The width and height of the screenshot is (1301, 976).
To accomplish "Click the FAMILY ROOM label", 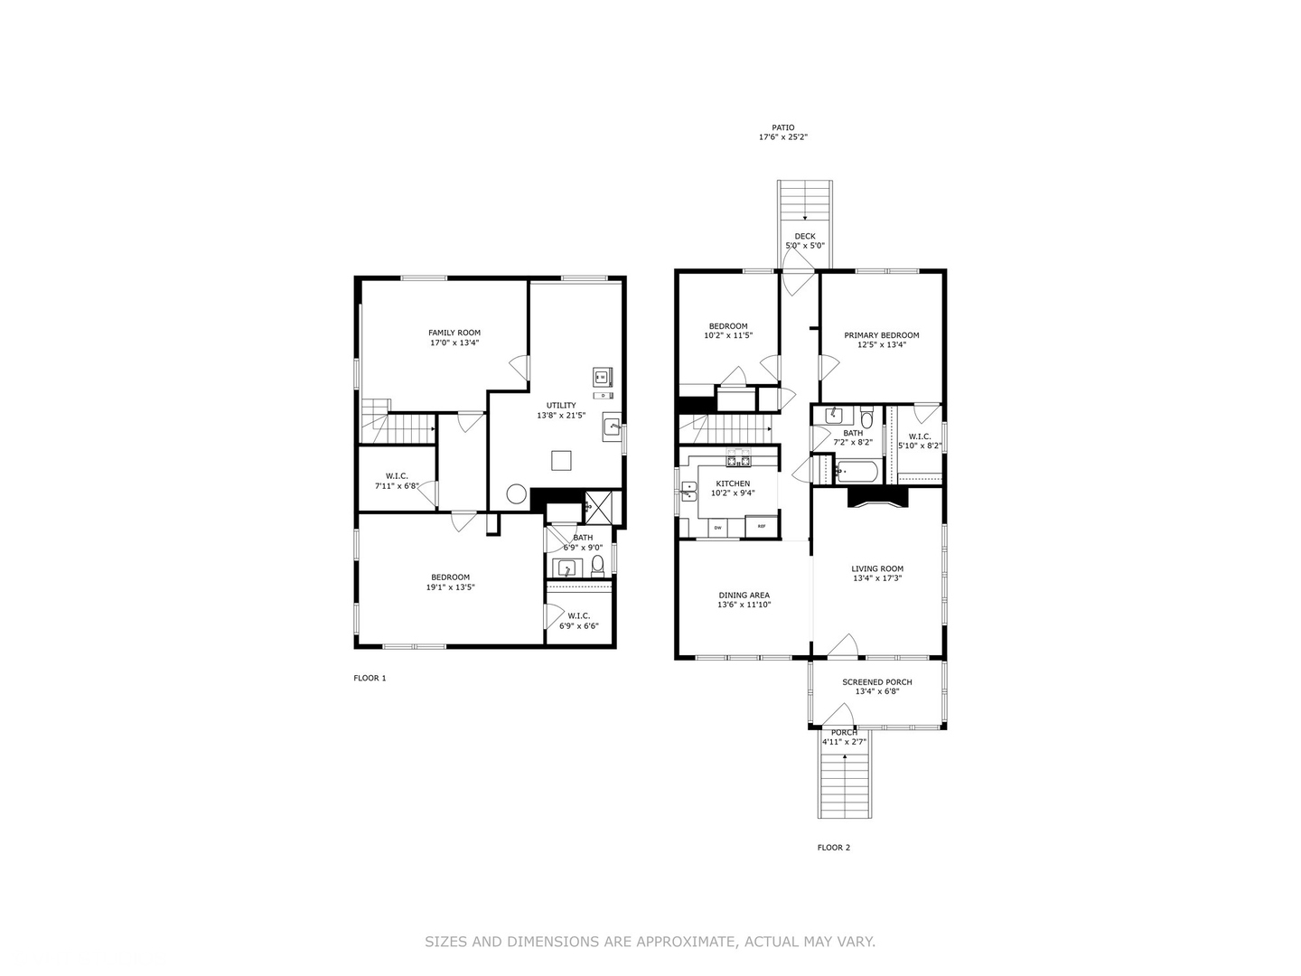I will tap(454, 333).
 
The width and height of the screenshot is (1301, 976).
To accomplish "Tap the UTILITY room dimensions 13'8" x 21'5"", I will tap(561, 416).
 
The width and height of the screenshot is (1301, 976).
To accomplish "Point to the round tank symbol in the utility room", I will tap(516, 494).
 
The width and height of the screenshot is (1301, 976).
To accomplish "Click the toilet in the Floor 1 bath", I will tap(597, 568).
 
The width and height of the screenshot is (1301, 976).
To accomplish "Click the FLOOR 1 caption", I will tap(370, 678).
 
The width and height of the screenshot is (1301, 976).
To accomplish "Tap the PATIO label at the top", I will tap(783, 127).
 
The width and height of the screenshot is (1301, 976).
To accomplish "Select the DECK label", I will tap(804, 236).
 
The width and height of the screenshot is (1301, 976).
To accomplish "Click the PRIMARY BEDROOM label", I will tap(882, 335).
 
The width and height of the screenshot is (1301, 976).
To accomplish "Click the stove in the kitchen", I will tap(740, 461).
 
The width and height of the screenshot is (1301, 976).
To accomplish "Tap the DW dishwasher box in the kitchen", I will tap(718, 527).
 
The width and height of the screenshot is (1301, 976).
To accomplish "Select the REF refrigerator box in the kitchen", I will tap(762, 527).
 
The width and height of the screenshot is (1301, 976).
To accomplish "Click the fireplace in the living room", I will tap(877, 498).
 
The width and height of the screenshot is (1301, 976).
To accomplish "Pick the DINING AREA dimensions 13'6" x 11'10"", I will tap(744, 605).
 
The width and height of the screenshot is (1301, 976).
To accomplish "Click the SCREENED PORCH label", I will tap(876, 682).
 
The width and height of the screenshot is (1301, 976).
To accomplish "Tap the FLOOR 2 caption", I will tap(834, 848).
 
